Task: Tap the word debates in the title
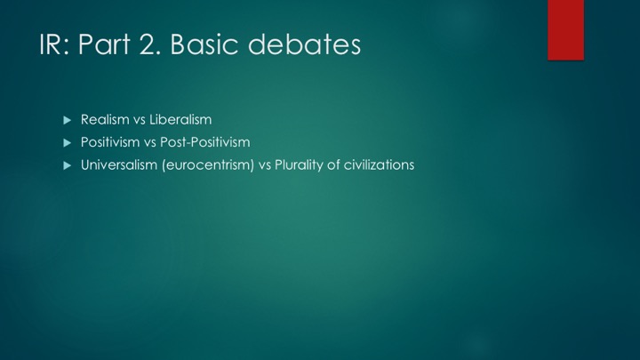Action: coord(305,44)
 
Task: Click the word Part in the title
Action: coord(104,44)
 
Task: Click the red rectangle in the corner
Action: coord(565,30)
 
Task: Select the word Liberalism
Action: coord(180,120)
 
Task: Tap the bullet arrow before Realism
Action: coord(68,120)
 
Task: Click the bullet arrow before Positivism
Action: coord(68,143)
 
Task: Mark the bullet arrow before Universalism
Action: coord(68,165)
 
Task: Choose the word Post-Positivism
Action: coord(205,142)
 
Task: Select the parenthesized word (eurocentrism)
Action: coord(208,165)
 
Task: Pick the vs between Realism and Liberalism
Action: coord(140,120)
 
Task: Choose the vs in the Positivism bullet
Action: coord(150,143)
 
